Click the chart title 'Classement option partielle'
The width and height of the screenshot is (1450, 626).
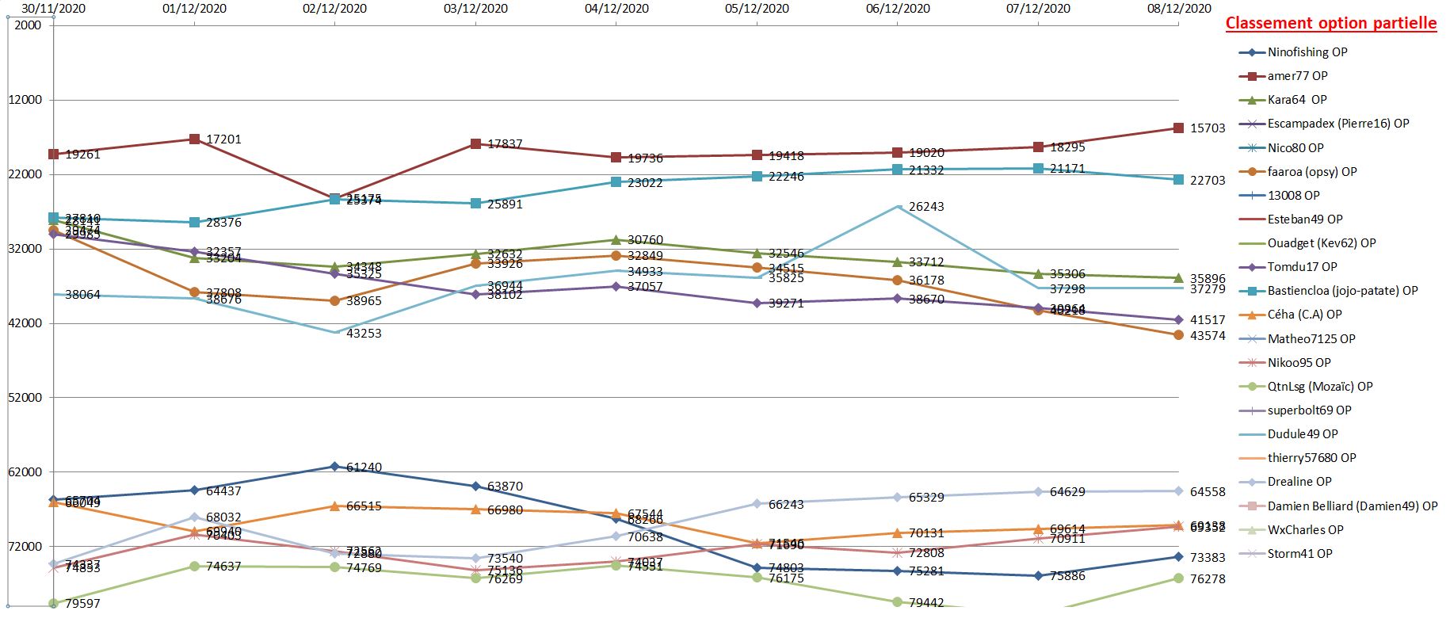(x=1330, y=23)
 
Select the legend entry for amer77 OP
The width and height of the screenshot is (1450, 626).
(x=1297, y=76)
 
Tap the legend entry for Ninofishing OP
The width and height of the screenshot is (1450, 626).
(x=1307, y=52)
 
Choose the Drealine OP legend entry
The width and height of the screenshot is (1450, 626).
(x=1299, y=482)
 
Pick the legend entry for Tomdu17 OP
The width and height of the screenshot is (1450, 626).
(x=1302, y=267)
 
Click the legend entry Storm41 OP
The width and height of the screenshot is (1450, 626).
(x=1299, y=554)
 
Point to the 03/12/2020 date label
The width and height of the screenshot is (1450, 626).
(x=475, y=9)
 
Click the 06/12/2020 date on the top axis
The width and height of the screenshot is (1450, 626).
(x=898, y=9)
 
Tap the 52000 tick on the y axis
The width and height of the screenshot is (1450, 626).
(x=26, y=398)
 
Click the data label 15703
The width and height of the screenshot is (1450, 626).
(x=1208, y=128)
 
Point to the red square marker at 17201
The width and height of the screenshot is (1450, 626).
(x=194, y=139)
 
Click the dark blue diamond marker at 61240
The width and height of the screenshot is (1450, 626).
(x=334, y=467)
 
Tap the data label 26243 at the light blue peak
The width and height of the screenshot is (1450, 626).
(x=926, y=207)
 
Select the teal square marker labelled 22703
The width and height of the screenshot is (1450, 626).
(x=1178, y=180)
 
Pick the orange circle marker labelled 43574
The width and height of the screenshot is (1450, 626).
(x=1178, y=335)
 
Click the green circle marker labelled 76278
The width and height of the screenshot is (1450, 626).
(x=1178, y=578)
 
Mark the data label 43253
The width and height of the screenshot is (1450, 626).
(x=364, y=334)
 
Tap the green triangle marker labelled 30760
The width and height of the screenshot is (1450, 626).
(x=616, y=239)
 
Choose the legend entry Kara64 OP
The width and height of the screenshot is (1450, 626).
(x=1296, y=100)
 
